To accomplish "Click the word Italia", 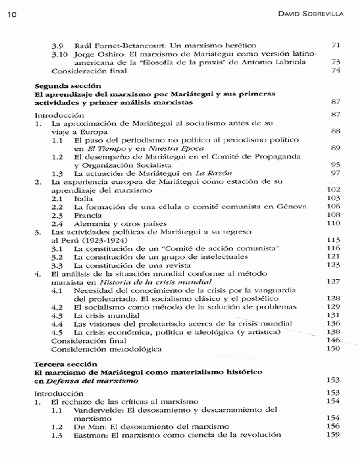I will point(85,198).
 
